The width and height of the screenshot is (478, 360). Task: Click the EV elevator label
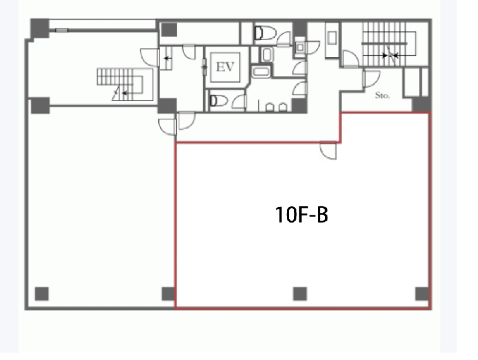click(x=225, y=67)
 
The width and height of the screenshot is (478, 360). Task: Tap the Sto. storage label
click(x=382, y=96)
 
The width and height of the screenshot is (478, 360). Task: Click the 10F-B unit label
click(x=302, y=215)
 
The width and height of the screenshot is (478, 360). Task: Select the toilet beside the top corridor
click(x=265, y=33)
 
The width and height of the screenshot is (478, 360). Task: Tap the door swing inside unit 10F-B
click(x=328, y=150)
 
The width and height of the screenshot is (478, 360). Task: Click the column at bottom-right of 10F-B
click(x=422, y=294)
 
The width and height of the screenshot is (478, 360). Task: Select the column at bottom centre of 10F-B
click(x=300, y=294)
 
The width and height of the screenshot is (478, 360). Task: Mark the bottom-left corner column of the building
click(x=42, y=294)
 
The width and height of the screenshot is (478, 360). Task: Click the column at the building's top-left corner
click(x=39, y=28)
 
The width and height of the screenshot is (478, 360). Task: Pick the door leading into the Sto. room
click(x=371, y=79)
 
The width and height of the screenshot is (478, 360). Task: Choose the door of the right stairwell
click(x=351, y=59)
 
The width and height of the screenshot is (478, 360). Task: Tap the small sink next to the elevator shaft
click(x=266, y=55)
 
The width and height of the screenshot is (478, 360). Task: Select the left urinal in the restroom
click(x=269, y=108)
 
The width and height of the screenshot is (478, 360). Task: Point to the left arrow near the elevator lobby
click(x=168, y=58)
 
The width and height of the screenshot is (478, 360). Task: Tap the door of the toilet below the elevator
click(x=238, y=102)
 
